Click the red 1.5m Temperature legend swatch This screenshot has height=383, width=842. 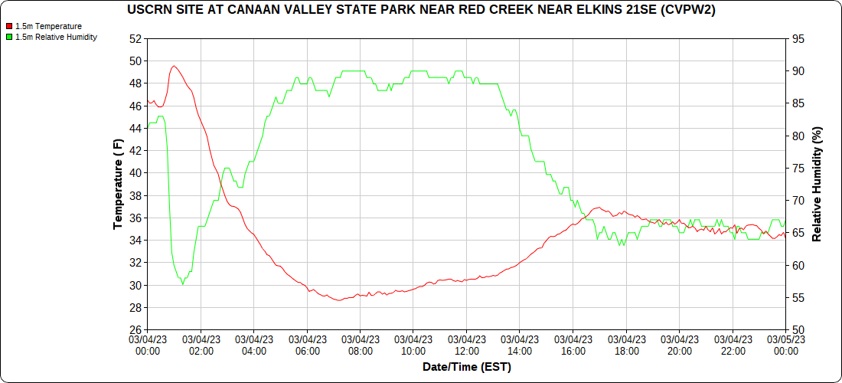pyautogui.click(x=9, y=26)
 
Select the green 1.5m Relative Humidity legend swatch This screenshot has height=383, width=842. pyautogui.click(x=9, y=37)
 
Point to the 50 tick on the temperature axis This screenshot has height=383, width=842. pyautogui.click(x=135, y=61)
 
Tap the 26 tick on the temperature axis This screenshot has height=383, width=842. pyautogui.click(x=135, y=330)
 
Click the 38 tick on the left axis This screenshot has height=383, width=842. pyautogui.click(x=135, y=195)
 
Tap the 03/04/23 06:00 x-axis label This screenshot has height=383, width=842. pyautogui.click(x=307, y=345)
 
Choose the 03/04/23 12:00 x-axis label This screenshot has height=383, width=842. pyautogui.click(x=466, y=345)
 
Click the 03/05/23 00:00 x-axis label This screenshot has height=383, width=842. pyautogui.click(x=785, y=345)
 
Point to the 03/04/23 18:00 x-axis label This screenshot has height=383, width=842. pyautogui.click(x=626, y=345)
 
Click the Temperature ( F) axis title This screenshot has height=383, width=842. pyautogui.click(x=118, y=184)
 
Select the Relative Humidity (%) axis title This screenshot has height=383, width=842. pyautogui.click(x=817, y=184)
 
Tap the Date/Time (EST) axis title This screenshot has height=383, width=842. pyautogui.click(x=466, y=367)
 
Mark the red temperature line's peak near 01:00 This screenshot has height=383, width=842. pyautogui.click(x=175, y=66)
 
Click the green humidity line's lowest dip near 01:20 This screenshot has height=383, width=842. pyautogui.click(x=182, y=284)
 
